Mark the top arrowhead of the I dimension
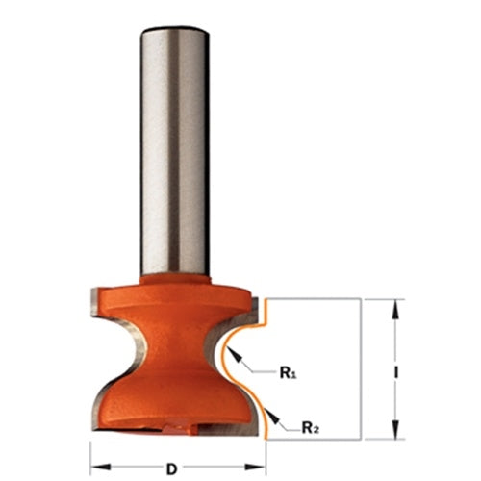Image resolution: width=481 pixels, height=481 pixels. (394, 304)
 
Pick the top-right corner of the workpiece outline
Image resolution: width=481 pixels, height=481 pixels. (360, 299)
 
